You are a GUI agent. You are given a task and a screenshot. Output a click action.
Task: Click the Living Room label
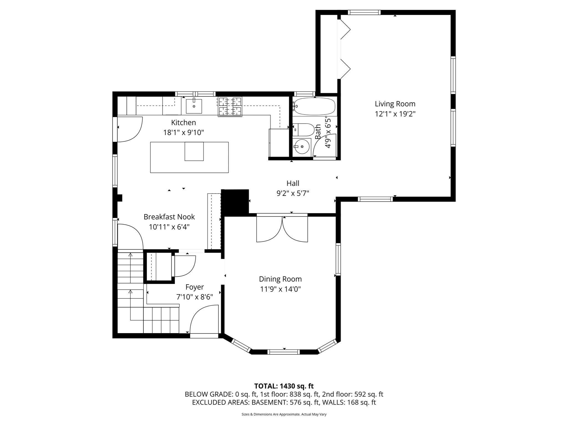(x=395, y=104)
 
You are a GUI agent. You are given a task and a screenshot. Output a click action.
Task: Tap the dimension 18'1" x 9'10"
(x=183, y=133)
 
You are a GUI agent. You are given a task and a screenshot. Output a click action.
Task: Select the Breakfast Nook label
(x=169, y=217)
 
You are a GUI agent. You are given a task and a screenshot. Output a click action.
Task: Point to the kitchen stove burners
(x=230, y=106)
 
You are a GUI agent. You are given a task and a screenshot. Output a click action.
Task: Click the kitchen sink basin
(x=194, y=106)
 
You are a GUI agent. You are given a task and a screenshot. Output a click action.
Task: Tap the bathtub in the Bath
(x=315, y=106)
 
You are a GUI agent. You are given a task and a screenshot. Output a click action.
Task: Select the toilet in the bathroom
(x=304, y=130)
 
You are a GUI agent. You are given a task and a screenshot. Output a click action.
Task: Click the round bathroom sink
(x=300, y=146)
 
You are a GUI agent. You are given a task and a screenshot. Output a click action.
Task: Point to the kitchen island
(x=189, y=157)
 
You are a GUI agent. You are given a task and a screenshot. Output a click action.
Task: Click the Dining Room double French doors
(x=282, y=228)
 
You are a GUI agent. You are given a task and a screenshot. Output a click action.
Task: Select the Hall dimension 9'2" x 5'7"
(x=293, y=193)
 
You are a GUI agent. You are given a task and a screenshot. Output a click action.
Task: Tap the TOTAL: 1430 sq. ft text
(x=284, y=386)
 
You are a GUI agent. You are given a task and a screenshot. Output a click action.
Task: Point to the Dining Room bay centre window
(x=283, y=352)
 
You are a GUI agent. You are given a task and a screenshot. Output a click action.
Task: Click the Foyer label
(x=194, y=287)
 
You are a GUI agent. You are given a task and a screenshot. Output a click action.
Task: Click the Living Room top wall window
(x=364, y=12)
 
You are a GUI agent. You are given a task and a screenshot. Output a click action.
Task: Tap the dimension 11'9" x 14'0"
(x=280, y=289)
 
